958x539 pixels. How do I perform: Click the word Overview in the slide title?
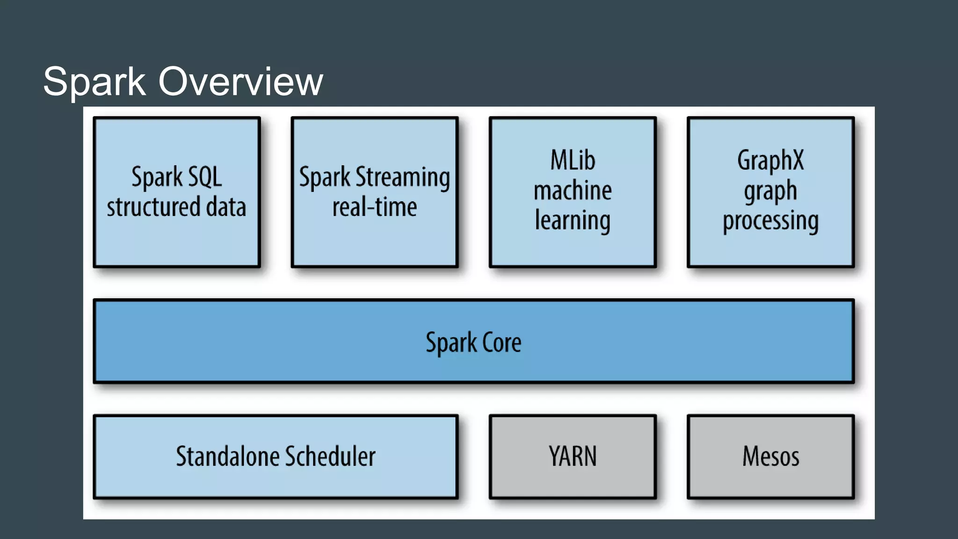click(x=240, y=81)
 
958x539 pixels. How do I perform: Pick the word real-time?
click(x=374, y=207)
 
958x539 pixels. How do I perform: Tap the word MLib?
click(x=573, y=160)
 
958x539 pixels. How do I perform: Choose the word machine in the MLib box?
click(x=573, y=190)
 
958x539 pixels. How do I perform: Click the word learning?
click(x=573, y=221)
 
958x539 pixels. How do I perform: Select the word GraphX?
click(x=770, y=161)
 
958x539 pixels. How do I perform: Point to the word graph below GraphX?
click(x=770, y=191)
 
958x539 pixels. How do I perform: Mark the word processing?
click(x=770, y=221)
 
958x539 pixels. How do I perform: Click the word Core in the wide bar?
click(x=501, y=342)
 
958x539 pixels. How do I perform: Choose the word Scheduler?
click(x=330, y=456)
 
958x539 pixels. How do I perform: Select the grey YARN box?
click(x=573, y=456)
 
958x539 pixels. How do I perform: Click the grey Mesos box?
click(x=770, y=456)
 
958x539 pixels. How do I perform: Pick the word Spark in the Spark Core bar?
click(x=451, y=343)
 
